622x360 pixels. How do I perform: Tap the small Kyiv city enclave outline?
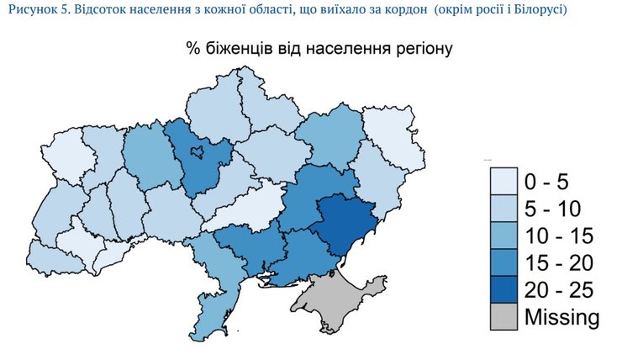[x=198, y=152]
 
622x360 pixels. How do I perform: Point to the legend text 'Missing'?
[x=561, y=318]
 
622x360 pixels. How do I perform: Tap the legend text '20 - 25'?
[x=558, y=290]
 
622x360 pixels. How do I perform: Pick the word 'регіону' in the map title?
[x=420, y=49]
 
